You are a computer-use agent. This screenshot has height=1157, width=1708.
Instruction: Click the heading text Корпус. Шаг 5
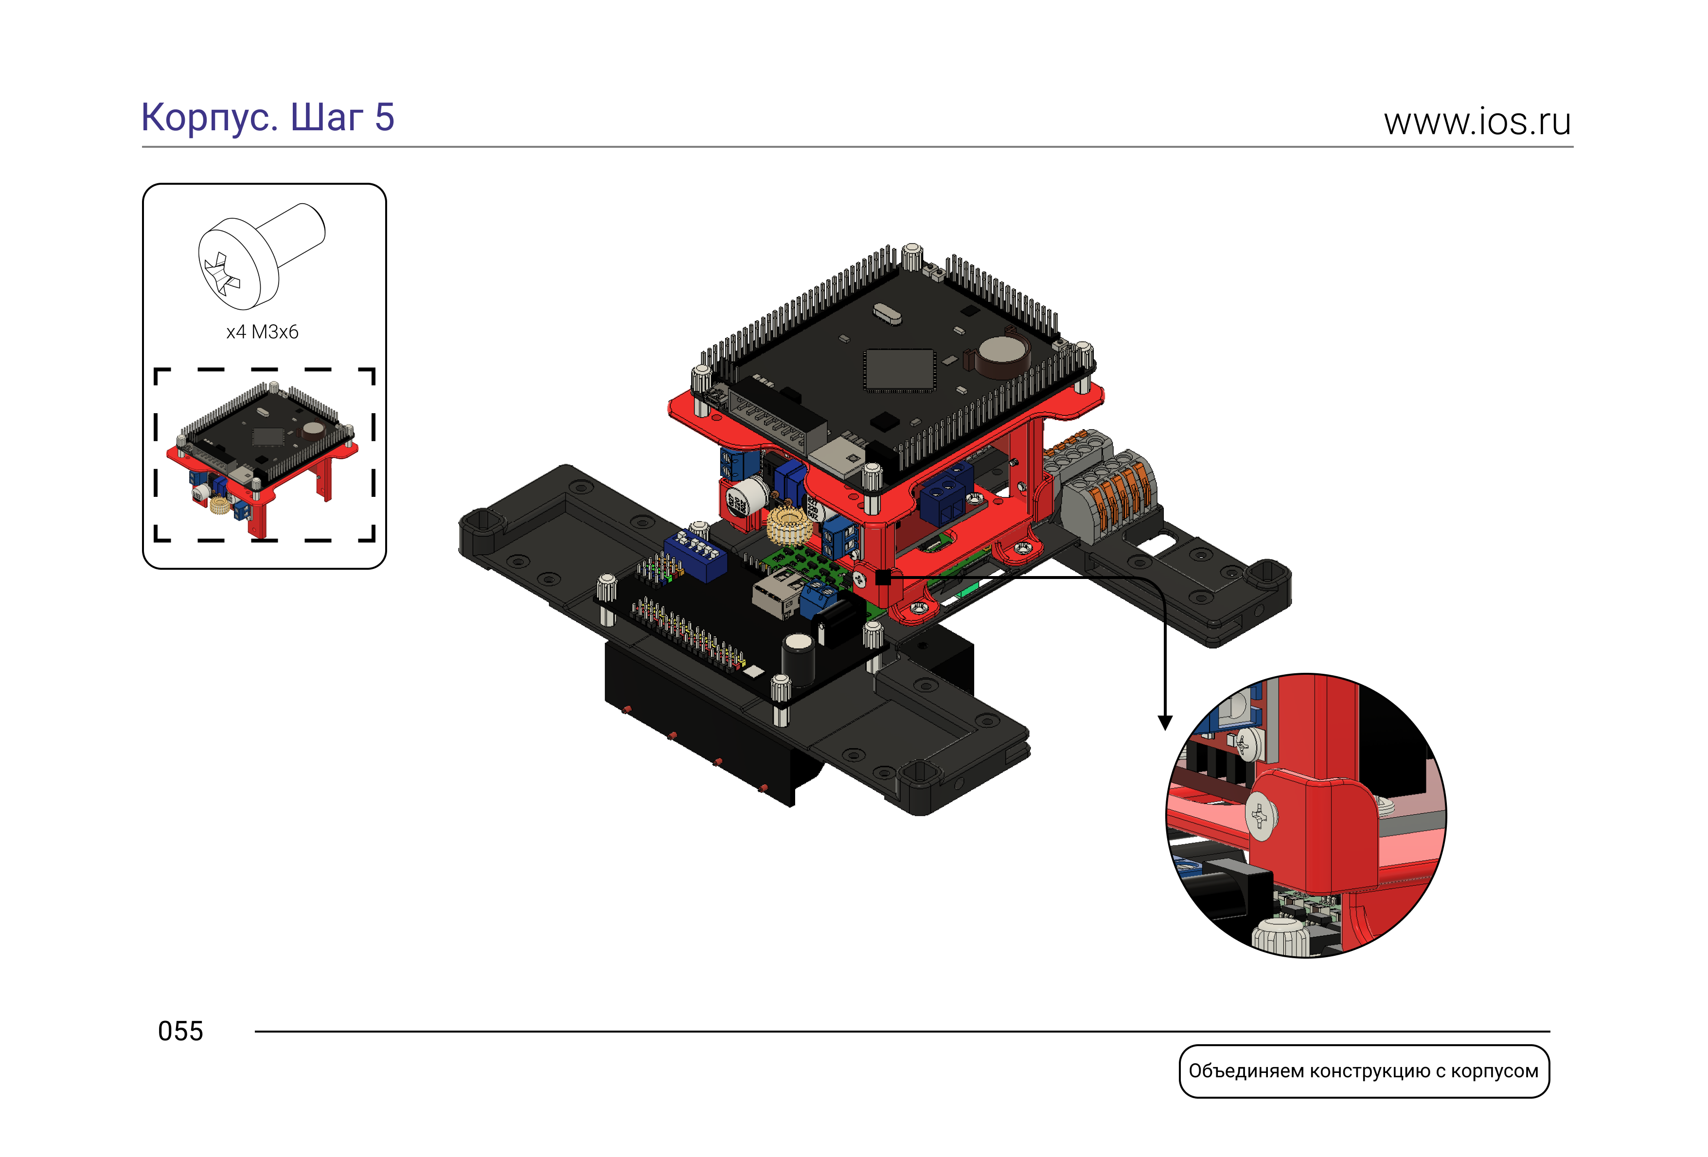tap(267, 118)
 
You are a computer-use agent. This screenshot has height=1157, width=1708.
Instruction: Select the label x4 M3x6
tap(262, 332)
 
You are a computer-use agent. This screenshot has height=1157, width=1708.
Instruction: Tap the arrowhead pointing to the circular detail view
tap(1165, 723)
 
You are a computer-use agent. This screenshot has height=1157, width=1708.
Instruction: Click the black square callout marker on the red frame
tap(883, 578)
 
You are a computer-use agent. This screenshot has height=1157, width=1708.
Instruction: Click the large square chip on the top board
tap(899, 369)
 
